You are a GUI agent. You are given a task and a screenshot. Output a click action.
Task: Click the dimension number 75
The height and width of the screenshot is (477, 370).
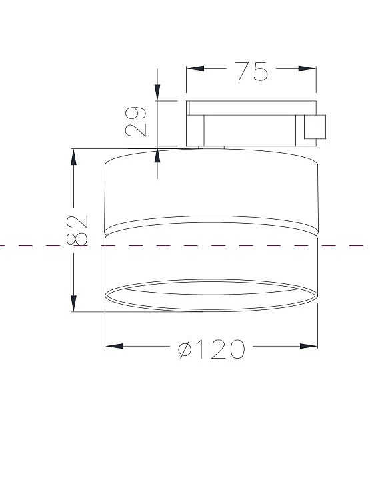(x=253, y=71)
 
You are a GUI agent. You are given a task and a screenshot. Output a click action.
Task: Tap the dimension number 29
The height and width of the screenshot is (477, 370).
(x=135, y=121)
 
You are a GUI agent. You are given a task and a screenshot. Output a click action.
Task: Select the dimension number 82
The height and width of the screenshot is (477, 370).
(x=77, y=230)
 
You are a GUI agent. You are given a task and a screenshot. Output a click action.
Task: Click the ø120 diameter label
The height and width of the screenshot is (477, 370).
(x=211, y=349)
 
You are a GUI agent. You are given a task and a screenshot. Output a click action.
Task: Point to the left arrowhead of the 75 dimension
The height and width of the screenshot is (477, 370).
(x=195, y=68)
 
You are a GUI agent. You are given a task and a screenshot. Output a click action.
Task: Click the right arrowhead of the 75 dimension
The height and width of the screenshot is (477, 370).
(x=307, y=68)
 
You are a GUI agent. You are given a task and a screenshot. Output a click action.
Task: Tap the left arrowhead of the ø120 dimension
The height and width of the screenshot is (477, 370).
(x=114, y=346)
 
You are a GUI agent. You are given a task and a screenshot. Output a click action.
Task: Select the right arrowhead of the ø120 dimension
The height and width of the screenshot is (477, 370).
(x=309, y=346)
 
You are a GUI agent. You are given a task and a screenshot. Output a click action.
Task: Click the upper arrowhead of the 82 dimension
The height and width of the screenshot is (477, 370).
(x=73, y=157)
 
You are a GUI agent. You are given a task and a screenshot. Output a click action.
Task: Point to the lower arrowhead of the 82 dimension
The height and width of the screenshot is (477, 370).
(x=73, y=303)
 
